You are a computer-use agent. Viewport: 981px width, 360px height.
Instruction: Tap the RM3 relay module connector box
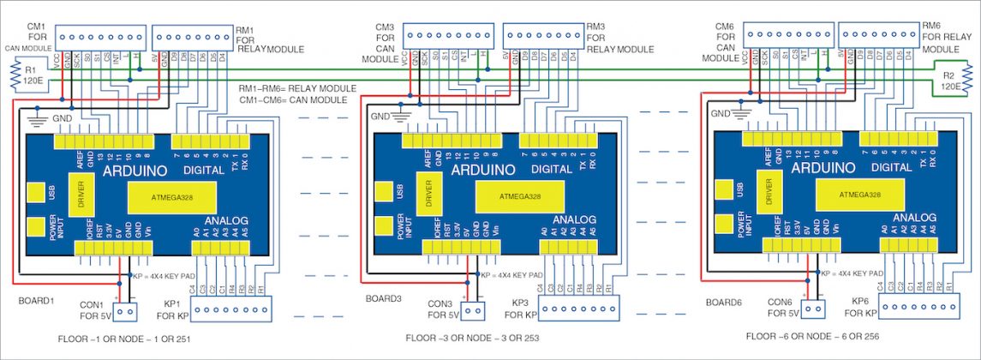(541, 35)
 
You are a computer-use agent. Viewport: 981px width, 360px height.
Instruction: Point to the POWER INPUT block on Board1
(35, 228)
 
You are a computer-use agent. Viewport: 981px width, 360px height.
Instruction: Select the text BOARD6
(724, 303)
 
